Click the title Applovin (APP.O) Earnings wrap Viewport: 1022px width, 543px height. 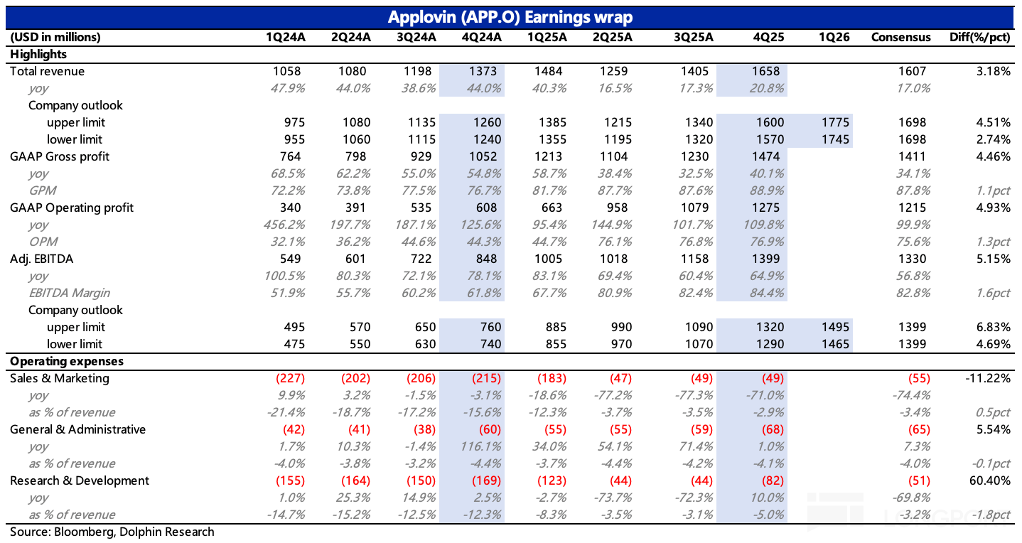[x=510, y=16]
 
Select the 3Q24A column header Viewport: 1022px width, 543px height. [x=416, y=37]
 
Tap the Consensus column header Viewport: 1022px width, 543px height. [x=900, y=37]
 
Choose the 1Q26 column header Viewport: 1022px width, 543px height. [x=833, y=37]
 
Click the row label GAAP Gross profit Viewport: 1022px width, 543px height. [x=60, y=156]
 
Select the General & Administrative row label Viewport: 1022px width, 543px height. [x=77, y=429]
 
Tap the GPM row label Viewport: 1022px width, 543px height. [x=42, y=190]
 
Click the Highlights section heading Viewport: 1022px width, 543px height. [x=38, y=54]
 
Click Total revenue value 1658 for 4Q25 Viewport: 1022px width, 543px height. [x=765, y=71]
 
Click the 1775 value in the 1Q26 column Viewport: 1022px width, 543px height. [x=834, y=122]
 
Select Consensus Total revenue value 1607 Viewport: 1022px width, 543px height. [x=912, y=71]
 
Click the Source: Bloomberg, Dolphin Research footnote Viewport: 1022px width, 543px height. [x=112, y=532]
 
